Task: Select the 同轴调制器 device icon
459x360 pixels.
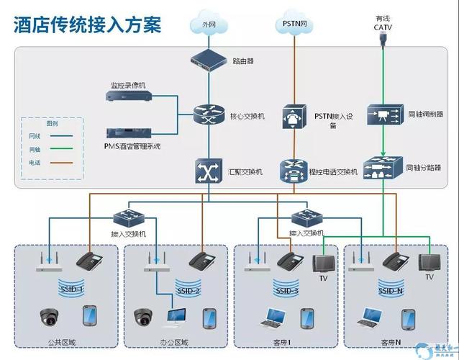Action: click(x=382, y=114)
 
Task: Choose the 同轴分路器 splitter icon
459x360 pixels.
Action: click(x=382, y=168)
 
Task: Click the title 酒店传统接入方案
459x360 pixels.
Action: click(x=87, y=25)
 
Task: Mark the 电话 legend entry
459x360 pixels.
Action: click(x=35, y=163)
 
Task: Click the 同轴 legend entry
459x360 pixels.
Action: click(x=35, y=149)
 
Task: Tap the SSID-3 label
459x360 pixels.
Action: click(x=286, y=291)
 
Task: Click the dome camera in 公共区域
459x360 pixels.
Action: click(x=50, y=316)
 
